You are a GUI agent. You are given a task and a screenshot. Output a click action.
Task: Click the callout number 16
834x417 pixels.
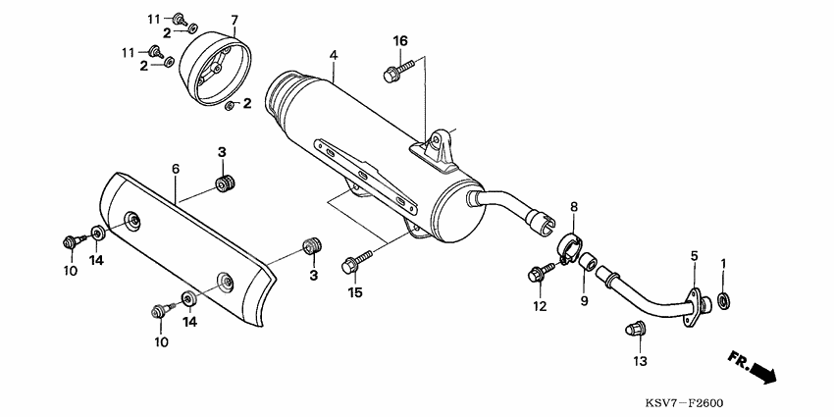point(399,40)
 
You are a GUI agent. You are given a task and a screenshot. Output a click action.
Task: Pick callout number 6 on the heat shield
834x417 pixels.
point(176,169)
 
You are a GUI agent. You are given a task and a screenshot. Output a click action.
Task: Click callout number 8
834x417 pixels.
point(575,207)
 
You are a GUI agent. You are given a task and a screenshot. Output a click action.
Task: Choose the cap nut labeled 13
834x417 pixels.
point(633,331)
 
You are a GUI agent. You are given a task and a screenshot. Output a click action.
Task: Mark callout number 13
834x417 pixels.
point(640,362)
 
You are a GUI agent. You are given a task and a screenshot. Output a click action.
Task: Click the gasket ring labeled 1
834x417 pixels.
point(723,299)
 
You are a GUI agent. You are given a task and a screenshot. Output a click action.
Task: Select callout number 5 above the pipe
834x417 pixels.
point(693,257)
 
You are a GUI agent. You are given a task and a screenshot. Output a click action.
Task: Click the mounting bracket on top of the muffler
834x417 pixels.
point(436,145)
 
